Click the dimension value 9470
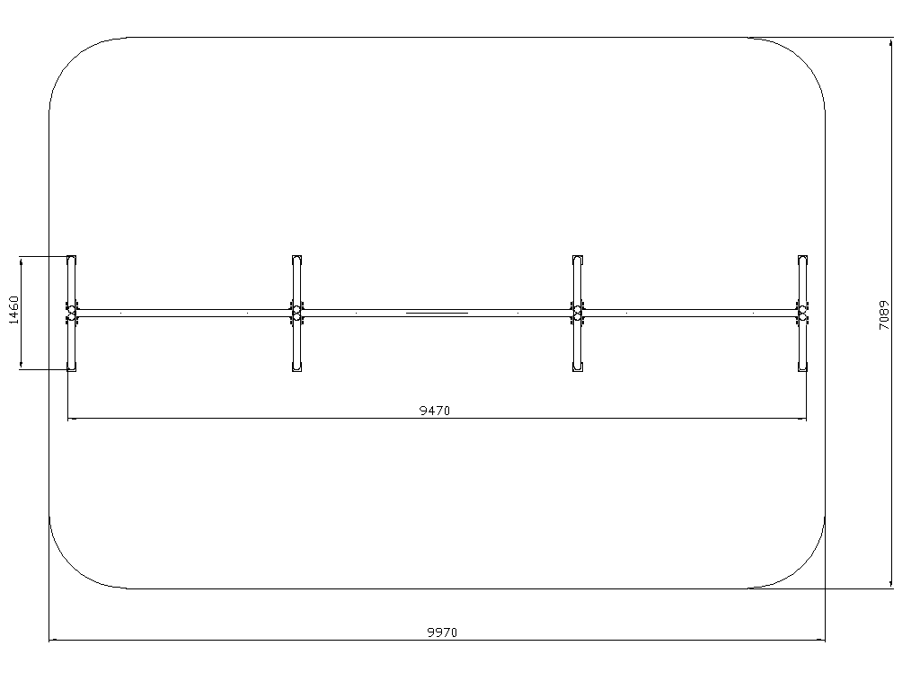click(435, 411)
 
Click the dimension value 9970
click(442, 632)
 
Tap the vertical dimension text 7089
click(884, 315)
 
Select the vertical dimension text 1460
click(14, 310)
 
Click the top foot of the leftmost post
click(72, 260)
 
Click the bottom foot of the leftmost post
click(72, 367)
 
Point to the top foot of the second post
click(296, 260)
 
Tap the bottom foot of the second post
click(296, 367)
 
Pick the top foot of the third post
click(578, 260)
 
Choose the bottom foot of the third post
click(578, 367)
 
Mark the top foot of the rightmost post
click(802, 260)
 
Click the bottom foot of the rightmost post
click(802, 367)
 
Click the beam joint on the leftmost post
click(72, 313)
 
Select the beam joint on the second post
click(296, 313)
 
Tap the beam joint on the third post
click(578, 313)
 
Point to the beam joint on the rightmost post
click(802, 313)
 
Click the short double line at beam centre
click(438, 314)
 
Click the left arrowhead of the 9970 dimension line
click(53, 640)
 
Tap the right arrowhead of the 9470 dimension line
click(802, 419)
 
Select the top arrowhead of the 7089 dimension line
click(892, 42)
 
